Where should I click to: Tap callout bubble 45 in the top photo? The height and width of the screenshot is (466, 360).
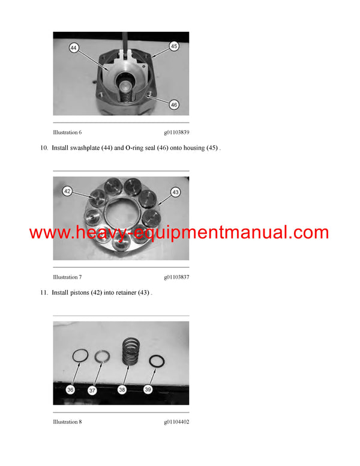[174, 46]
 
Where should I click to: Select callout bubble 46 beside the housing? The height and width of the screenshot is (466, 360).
[174, 104]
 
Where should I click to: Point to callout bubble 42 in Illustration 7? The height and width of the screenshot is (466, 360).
[68, 191]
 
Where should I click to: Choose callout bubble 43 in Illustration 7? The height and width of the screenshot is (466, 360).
[175, 192]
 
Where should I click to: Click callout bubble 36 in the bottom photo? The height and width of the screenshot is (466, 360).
[70, 390]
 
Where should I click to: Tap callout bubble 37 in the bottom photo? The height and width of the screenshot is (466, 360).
[92, 390]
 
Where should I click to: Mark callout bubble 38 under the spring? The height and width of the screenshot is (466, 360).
[122, 390]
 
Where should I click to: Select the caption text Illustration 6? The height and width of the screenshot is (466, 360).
[67, 132]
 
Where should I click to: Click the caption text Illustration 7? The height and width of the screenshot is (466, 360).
[67, 277]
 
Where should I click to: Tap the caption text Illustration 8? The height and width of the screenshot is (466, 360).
[67, 422]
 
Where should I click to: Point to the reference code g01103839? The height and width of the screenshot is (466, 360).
[176, 132]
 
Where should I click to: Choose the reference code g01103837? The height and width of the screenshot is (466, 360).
[176, 277]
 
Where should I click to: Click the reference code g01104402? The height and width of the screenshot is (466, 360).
[176, 422]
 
